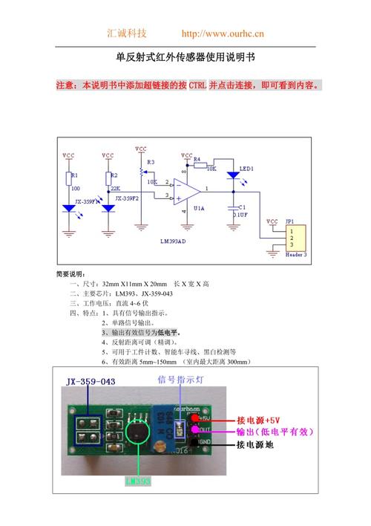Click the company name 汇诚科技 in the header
click(x=128, y=34)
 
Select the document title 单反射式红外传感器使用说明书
click(x=185, y=58)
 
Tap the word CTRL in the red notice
click(x=198, y=86)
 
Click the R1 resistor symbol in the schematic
click(x=68, y=178)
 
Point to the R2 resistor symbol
click(x=108, y=178)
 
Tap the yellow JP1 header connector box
click(x=295, y=239)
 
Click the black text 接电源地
click(x=255, y=445)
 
